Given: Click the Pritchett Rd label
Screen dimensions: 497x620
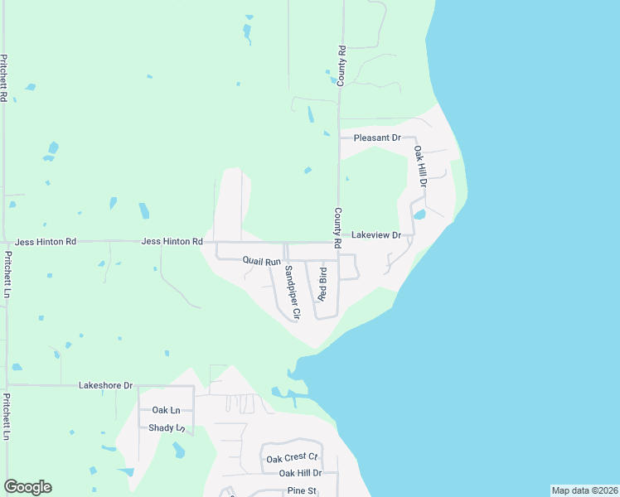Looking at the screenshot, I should pos(4,78).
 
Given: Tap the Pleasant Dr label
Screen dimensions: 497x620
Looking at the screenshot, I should pos(376,138).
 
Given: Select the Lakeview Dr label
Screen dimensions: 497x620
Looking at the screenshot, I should pos(376,235).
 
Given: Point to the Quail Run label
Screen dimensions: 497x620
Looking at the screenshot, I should pos(262,261).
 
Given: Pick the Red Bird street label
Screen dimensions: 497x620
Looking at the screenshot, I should pos(322,284).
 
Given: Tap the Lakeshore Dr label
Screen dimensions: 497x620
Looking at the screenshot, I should pos(105,386).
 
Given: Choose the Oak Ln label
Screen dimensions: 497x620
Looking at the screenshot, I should pos(166,410).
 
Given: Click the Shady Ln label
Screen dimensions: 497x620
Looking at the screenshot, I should pos(166,428).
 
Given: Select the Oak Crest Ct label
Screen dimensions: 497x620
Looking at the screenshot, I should pos(291,458).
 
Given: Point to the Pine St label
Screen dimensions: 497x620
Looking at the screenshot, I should pos(303,491).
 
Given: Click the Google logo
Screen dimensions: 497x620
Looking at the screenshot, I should pos(27,487).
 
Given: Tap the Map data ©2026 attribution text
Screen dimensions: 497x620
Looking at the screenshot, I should pos(584,490).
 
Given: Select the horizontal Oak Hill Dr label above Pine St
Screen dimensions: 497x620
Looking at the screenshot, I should pos(299,473).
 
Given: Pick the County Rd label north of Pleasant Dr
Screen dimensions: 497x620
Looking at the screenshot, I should pos(341,63).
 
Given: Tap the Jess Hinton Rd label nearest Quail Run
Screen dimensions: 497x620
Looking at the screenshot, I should pos(172,242).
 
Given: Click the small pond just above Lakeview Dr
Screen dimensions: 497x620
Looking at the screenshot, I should pos(419,215).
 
